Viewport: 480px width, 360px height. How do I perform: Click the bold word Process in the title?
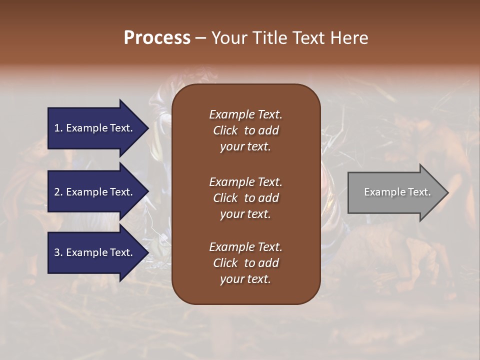click(x=157, y=38)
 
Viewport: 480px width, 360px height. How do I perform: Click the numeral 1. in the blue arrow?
click(x=58, y=128)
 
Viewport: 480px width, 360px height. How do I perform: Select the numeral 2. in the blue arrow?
click(x=58, y=192)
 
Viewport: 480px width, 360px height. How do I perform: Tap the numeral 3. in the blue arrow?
click(x=58, y=252)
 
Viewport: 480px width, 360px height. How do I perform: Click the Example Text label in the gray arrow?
click(x=397, y=192)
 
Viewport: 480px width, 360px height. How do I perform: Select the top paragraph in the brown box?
click(x=245, y=130)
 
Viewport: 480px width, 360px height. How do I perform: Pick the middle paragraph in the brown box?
click(x=245, y=198)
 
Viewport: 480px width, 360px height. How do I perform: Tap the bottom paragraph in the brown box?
click(x=245, y=263)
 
